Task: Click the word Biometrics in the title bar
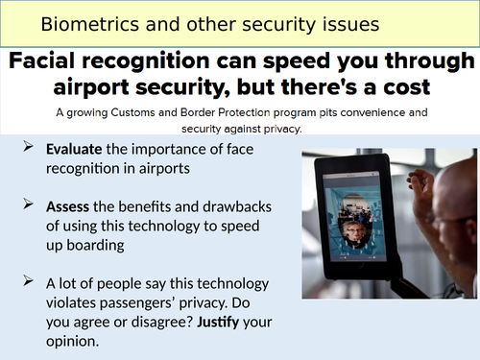coord(77,21)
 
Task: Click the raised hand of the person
coord(423,180)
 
